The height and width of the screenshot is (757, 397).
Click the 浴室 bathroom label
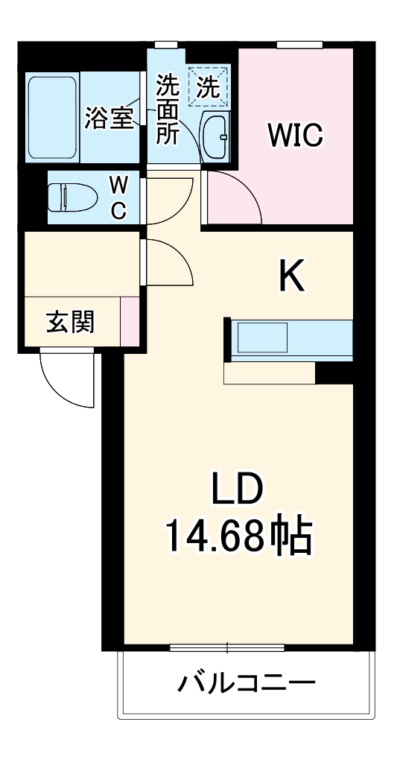click(109, 119)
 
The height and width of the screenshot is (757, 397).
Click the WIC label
click(295, 136)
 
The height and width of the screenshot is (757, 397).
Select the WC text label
click(118, 197)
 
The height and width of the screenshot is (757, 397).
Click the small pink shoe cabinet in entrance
click(130, 320)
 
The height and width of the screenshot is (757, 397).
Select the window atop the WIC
click(300, 45)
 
